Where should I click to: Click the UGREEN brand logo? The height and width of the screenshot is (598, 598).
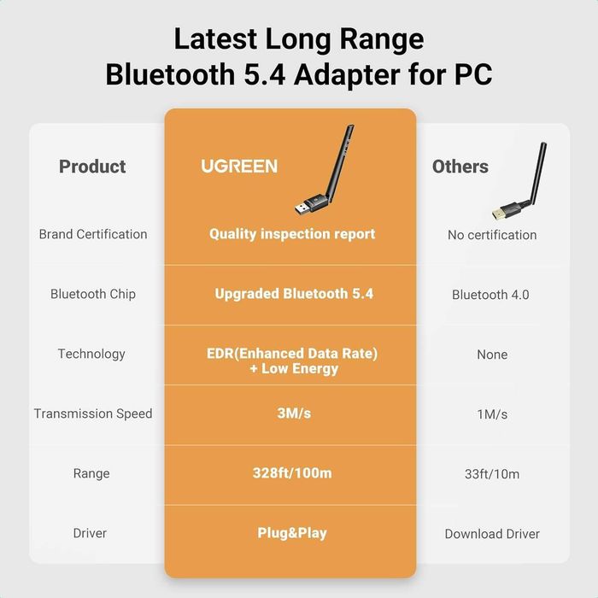239,166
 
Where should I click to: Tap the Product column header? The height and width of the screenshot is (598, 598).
92,167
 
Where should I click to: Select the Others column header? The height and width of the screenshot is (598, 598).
460,167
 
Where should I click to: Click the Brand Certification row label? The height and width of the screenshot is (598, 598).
93,234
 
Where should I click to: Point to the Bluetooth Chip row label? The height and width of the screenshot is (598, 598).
93,294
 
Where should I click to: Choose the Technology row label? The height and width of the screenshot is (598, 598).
91,354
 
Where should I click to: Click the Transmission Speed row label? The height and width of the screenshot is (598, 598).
93,413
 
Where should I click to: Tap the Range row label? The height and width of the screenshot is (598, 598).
91,473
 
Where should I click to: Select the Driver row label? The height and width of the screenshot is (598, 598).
90,533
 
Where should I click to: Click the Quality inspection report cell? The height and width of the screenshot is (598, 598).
292,234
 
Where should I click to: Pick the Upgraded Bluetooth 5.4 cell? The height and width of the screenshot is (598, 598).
294,294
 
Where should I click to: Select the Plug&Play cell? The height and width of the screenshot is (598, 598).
292,533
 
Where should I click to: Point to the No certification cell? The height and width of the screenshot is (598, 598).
492,235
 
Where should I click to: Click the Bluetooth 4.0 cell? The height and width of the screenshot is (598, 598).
490,295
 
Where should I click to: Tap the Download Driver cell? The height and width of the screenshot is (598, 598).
492,534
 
